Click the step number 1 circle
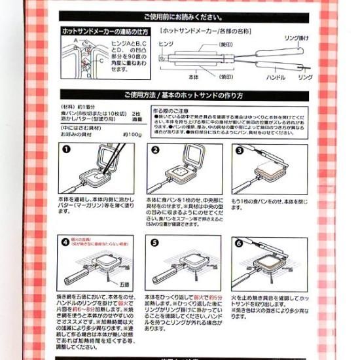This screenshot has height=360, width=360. point(66,149)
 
